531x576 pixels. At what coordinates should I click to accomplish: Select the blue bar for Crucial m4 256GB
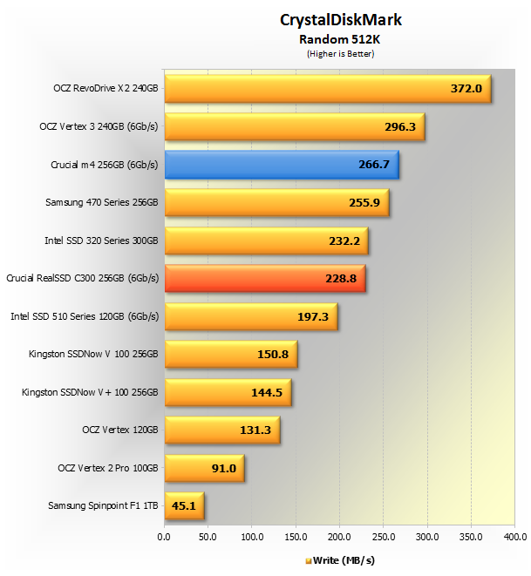(x=281, y=165)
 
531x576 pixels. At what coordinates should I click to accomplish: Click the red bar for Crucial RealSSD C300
(x=264, y=278)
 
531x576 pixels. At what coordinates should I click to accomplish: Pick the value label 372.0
(x=466, y=90)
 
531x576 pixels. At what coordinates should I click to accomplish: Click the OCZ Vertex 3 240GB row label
(x=99, y=126)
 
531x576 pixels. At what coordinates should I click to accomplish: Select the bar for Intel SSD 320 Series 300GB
(x=265, y=241)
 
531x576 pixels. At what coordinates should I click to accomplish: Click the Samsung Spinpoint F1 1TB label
(x=103, y=505)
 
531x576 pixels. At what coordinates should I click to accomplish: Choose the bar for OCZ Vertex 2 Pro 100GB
(x=203, y=467)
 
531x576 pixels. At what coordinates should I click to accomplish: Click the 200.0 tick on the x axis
(x=339, y=536)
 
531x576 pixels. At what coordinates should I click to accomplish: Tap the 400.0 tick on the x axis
(x=514, y=536)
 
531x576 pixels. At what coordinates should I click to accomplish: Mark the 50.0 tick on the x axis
(x=208, y=536)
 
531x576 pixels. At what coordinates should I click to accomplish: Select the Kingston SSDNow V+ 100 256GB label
(x=90, y=392)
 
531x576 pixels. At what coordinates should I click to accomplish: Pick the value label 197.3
(x=312, y=316)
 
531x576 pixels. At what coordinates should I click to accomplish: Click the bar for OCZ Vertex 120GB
(x=221, y=430)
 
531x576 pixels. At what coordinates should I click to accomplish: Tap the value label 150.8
(x=272, y=355)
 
